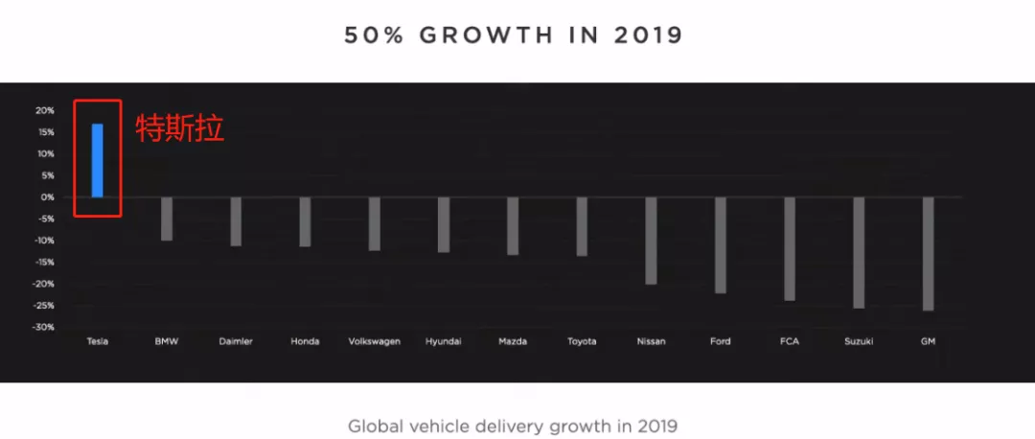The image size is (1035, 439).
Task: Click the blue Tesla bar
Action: tap(97, 160)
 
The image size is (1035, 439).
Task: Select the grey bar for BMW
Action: tap(167, 219)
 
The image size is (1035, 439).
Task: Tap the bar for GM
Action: tap(928, 253)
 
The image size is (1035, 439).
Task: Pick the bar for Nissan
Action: tap(651, 241)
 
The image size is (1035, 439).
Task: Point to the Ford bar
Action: tap(720, 244)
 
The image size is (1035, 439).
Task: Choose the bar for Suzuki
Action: tap(859, 252)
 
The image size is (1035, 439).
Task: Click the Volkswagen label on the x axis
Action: tap(374, 341)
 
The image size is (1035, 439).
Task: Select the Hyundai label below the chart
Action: tap(444, 341)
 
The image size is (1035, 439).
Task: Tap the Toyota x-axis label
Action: tap(582, 341)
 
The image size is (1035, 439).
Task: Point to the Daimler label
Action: tap(236, 341)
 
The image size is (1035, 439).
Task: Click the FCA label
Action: tap(790, 341)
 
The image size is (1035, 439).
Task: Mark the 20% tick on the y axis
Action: tap(45, 110)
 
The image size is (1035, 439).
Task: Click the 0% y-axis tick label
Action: tap(47, 197)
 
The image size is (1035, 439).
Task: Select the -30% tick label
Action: tap(44, 328)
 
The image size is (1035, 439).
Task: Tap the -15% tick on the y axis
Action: tap(44, 263)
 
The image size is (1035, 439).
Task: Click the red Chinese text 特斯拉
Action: tap(179, 128)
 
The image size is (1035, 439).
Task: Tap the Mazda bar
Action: tap(513, 225)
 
